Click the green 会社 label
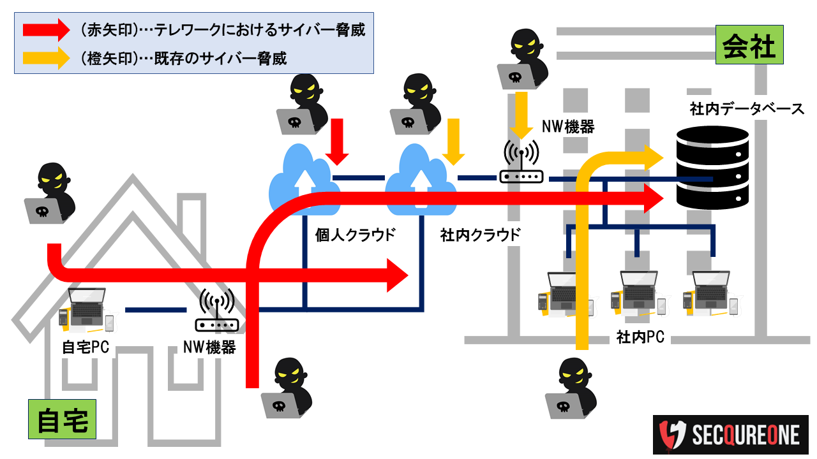pyautogui.click(x=749, y=45)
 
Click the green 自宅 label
pyautogui.click(x=62, y=420)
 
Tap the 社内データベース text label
pyautogui.click(x=747, y=109)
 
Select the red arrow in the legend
pyautogui.click(x=45, y=30)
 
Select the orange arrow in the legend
pyautogui.click(x=45, y=58)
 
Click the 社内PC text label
pyautogui.click(x=640, y=337)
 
